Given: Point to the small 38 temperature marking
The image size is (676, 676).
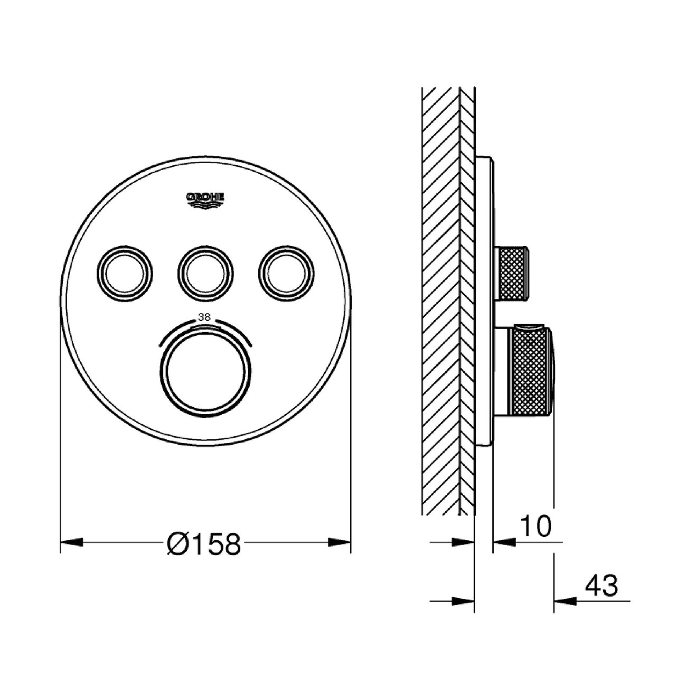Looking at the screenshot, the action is tap(204, 317).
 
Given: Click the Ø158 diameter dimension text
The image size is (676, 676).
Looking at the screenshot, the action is tap(204, 542).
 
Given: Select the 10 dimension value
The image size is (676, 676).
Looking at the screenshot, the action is tap(536, 526).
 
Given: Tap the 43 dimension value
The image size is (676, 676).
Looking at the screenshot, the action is tap(602, 586).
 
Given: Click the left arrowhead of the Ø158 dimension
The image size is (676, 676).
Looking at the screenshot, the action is tap(72, 542).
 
